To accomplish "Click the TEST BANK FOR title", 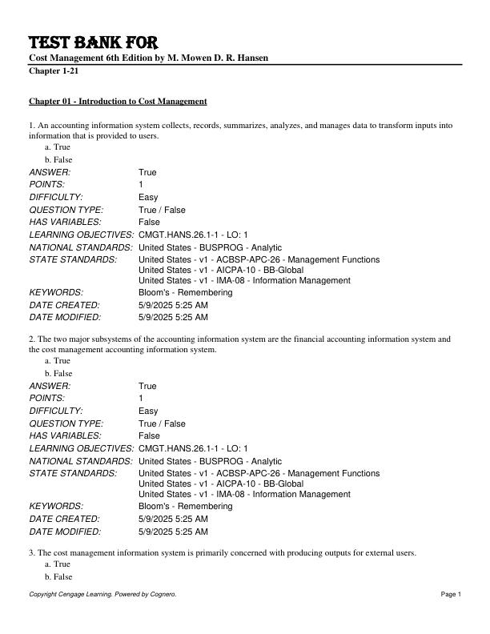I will coord(93,42).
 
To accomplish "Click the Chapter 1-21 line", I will coord(53,71).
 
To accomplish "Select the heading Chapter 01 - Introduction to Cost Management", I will coord(118,102).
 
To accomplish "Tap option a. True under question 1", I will coord(58,147).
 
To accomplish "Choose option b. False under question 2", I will coord(58,374).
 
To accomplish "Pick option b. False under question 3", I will coord(58,577).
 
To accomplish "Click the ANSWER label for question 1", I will coord(50,172).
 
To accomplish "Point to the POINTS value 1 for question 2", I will coord(141,399).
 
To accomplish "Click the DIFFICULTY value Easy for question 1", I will coord(148,197).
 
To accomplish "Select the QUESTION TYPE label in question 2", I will coord(66,423).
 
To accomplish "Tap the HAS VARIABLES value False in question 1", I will coord(149,222).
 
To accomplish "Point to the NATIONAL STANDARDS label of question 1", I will coord(81,247).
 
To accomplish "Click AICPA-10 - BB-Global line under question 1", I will coord(221,270).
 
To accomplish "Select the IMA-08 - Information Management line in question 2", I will coord(244,495).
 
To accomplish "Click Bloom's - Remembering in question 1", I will coord(185,293).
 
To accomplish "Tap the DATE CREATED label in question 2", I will coord(64,519).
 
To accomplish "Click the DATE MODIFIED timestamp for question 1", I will coord(173,318).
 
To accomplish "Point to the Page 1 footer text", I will coord(451,594).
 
